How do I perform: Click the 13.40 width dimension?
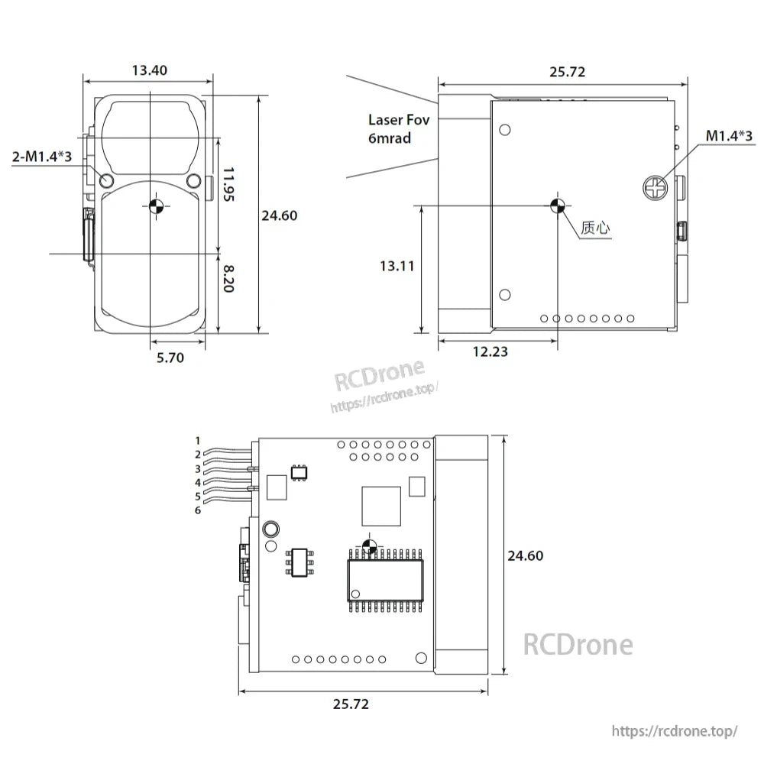point(149,70)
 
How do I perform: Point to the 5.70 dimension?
point(170,357)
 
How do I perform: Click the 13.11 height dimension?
point(397,266)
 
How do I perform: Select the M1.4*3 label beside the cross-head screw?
point(729,136)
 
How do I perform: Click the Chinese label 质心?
point(596,228)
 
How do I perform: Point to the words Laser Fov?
point(399,119)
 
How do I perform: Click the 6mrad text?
point(390,138)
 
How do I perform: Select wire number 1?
point(198,440)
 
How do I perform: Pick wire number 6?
point(198,510)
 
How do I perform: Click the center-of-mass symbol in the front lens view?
point(154,204)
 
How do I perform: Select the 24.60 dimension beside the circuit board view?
point(525,556)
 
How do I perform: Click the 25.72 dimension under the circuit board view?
point(351,704)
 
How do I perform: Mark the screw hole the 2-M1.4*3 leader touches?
point(106,181)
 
